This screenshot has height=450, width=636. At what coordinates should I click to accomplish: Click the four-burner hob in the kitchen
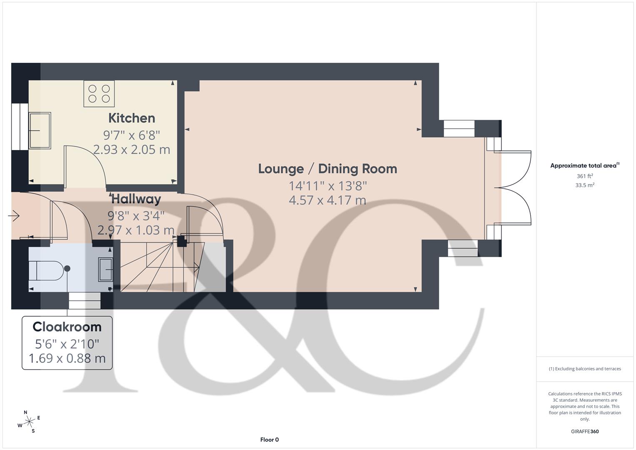[x=99, y=93]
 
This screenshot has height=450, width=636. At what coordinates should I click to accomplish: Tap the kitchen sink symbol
[x=40, y=130]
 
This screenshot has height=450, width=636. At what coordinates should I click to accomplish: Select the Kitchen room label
[x=132, y=118]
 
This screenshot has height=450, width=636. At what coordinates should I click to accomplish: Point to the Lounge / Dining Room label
[x=327, y=169]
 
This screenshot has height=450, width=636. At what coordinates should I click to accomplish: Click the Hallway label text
[x=136, y=199]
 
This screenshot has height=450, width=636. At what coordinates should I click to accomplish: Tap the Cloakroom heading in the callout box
[x=67, y=327]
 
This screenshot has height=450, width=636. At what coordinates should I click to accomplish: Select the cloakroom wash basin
[x=105, y=270]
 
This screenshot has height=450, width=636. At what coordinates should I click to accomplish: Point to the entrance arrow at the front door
[x=14, y=216]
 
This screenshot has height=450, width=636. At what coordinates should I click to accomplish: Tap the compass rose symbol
[x=29, y=422]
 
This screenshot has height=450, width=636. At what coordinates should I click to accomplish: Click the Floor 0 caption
[x=269, y=440]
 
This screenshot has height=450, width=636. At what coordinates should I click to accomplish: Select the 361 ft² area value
[x=584, y=176]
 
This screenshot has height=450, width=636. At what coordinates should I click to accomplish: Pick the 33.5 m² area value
[x=584, y=185]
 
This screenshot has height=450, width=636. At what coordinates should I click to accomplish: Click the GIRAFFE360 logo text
[x=584, y=431]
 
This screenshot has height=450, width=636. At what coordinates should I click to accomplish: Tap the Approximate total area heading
[x=584, y=166]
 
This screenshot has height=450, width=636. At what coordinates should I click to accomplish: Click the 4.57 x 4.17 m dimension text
[x=327, y=200]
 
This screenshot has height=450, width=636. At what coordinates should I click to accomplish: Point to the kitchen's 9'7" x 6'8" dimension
[x=132, y=135]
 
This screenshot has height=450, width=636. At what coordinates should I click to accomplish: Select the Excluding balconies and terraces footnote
[x=585, y=369]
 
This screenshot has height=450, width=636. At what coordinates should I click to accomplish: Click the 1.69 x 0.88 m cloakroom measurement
[x=67, y=358]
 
